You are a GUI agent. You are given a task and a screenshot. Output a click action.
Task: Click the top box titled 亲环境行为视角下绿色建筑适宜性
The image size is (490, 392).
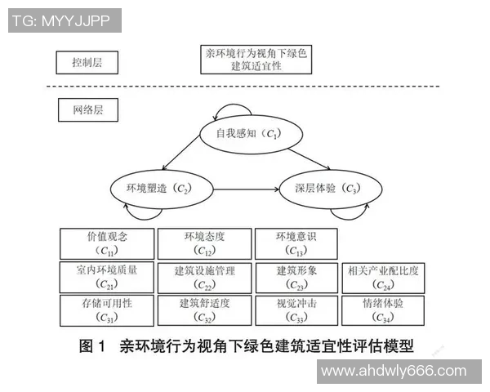coord(256,59)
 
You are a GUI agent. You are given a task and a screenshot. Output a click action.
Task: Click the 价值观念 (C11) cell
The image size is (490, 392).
coord(107,243)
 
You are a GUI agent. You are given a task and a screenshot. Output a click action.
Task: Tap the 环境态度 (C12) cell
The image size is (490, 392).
coord(204,243)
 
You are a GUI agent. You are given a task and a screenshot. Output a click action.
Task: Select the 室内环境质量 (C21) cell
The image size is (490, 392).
coord(107,276)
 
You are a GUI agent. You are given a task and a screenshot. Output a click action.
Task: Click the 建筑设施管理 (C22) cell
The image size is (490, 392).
coord(204,276)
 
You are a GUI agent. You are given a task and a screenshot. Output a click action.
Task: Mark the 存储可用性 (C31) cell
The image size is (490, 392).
coord(107,309)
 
